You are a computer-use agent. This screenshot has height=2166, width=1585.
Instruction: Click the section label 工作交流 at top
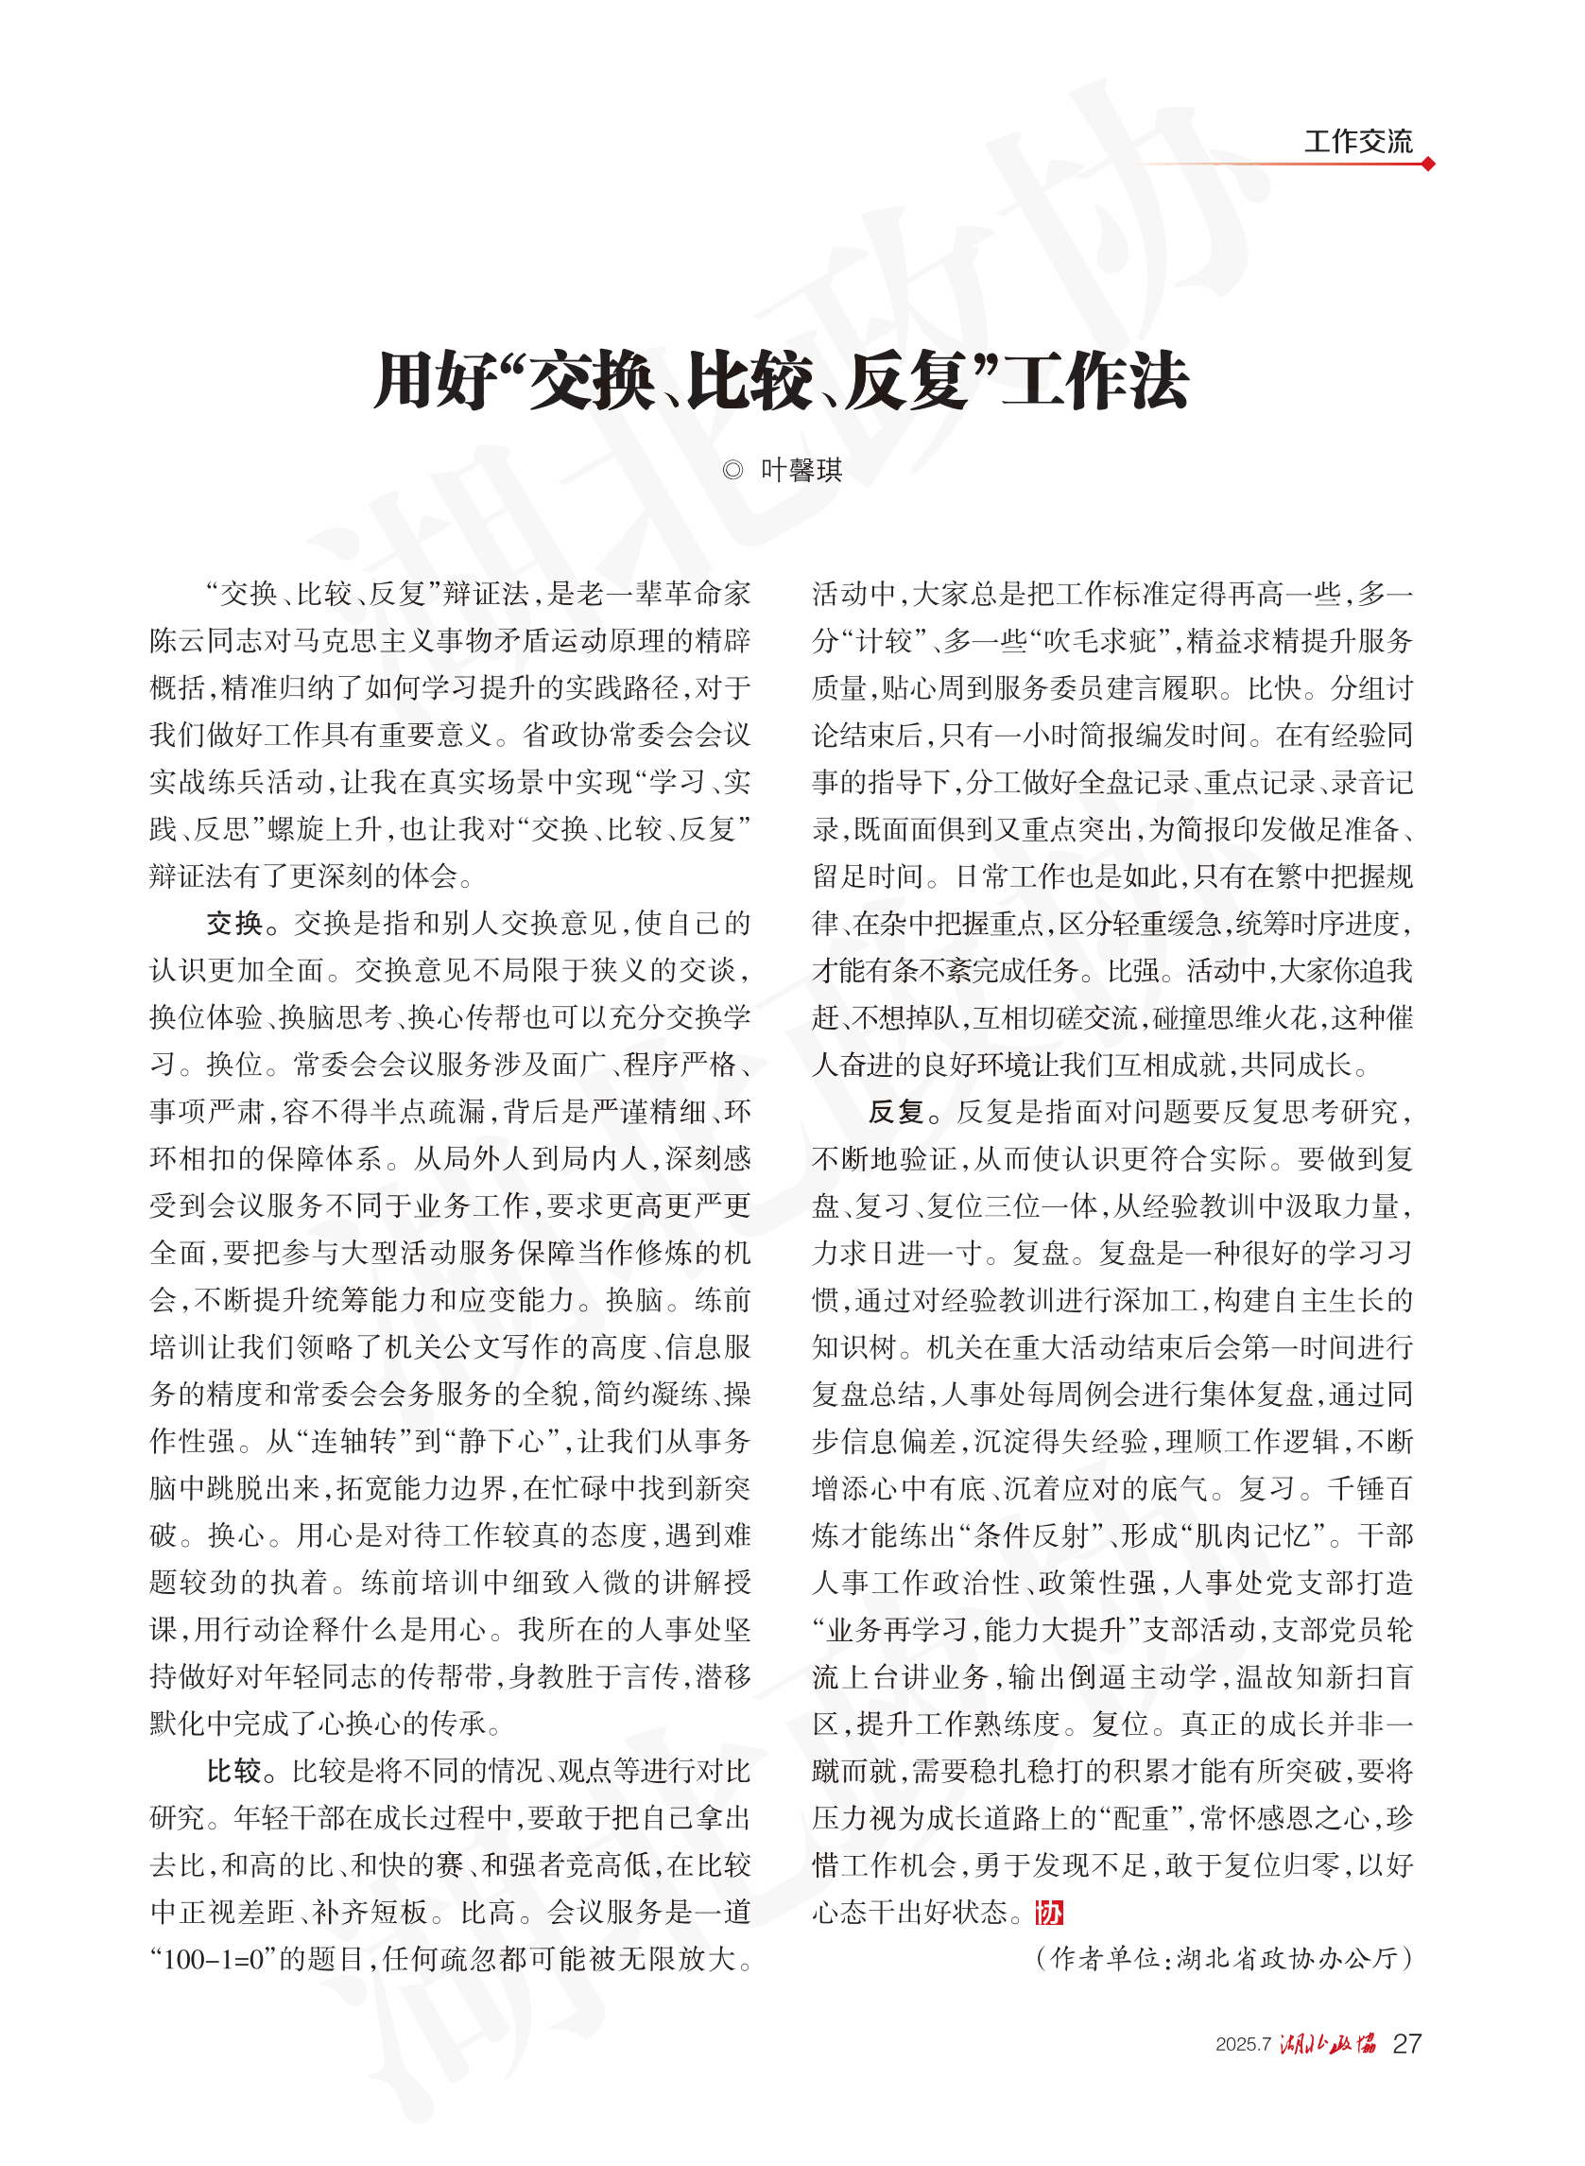click(x=1356, y=142)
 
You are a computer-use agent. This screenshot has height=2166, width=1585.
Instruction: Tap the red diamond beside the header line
click(x=1428, y=165)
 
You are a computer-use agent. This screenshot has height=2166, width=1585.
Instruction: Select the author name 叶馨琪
click(x=801, y=470)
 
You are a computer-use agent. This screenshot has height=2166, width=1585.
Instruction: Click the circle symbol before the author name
click(x=733, y=470)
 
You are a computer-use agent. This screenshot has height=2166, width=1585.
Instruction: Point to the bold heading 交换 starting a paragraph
click(x=234, y=923)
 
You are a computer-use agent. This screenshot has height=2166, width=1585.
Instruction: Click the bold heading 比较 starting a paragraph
click(x=234, y=1771)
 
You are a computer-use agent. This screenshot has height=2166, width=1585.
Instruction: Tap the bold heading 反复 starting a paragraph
click(x=896, y=1111)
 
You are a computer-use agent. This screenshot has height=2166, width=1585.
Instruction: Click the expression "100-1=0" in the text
click(x=213, y=1959)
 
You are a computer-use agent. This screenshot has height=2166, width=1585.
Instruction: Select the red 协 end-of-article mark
click(x=1049, y=1913)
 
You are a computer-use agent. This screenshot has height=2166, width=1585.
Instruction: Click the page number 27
click(x=1405, y=2044)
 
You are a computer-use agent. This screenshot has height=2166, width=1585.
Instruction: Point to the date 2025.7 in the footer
click(x=1243, y=2045)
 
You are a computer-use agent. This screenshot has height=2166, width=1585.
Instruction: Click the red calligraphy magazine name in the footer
click(x=1328, y=2044)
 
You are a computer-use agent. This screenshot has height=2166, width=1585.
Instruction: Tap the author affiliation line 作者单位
click(x=1224, y=1958)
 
